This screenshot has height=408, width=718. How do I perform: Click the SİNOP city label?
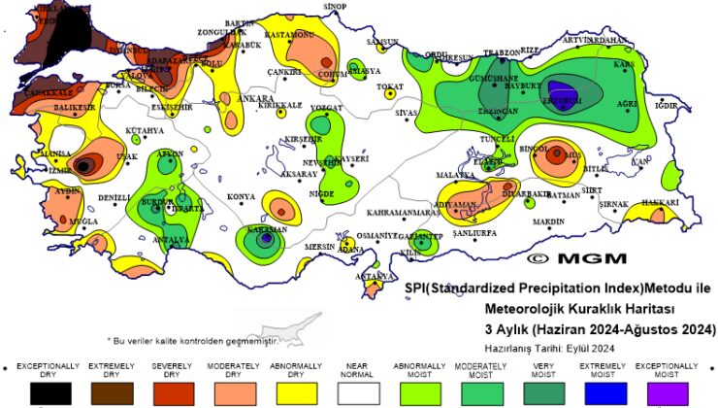coord(335,7)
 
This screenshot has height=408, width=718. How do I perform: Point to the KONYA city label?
coord(241,197)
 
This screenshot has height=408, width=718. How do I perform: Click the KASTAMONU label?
coord(290,35)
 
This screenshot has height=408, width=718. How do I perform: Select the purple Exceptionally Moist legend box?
coord(666,392)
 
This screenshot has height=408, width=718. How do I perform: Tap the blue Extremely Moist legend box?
coord(604,392)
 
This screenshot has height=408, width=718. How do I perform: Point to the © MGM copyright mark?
coord(563,259)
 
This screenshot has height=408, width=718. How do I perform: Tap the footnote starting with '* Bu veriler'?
coord(192,341)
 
